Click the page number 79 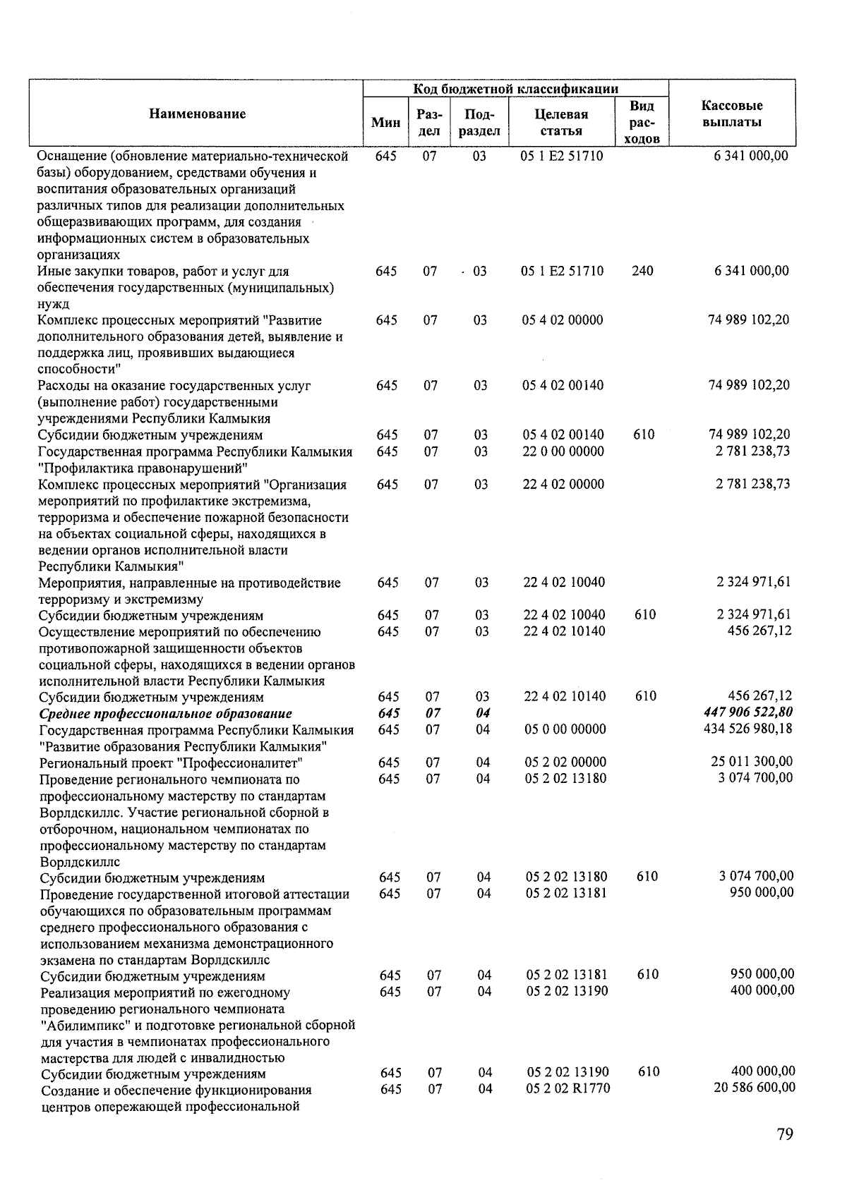coord(784,1134)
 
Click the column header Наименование coord(198,114)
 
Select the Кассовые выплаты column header coord(731,114)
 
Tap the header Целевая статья coord(562,122)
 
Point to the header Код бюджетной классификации coord(515,88)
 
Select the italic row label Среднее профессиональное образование coord(166,713)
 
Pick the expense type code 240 coord(642,271)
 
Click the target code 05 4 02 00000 coord(563,320)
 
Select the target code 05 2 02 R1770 coord(568,1088)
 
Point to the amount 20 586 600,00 coord(755,1088)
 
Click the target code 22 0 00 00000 coord(563,451)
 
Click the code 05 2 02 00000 coord(565,762)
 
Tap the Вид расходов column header coord(642,122)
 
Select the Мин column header coord(385,122)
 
